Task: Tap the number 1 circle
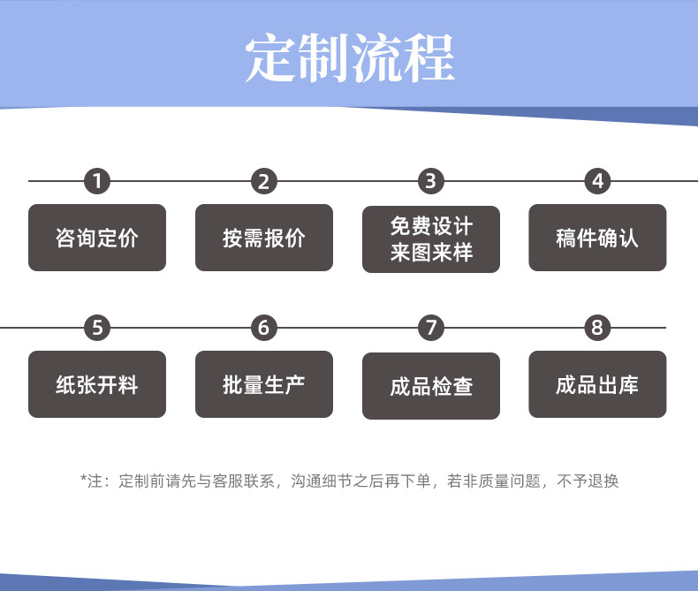[x=97, y=181]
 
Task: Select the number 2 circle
[x=263, y=181]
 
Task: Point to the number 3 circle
[x=430, y=181]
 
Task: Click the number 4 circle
[x=597, y=181]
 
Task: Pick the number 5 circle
[x=97, y=328]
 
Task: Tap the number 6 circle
[x=263, y=328]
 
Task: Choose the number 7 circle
[x=430, y=328]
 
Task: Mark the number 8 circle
[x=597, y=328]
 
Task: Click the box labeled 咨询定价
[x=97, y=238]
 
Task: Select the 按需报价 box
[x=263, y=238]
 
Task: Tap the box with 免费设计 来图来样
[x=431, y=239]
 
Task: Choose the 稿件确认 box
[x=597, y=238]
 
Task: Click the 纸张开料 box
[x=97, y=384]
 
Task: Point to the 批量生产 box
[x=263, y=384]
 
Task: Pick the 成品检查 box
[x=431, y=386]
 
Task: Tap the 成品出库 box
[x=597, y=384]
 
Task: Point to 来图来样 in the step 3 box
[x=431, y=253]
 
